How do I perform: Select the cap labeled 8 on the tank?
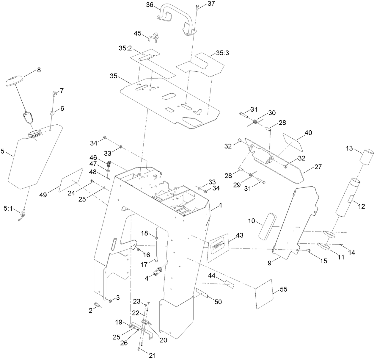coord(14,80)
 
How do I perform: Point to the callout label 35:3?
coord(225,53)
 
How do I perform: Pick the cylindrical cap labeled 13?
coord(366,157)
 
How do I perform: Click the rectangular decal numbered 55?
coord(264,294)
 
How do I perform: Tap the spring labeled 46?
coord(109,164)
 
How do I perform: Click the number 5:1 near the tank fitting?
coord(8,209)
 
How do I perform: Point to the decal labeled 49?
coord(71,180)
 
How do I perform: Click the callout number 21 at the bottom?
coord(152,355)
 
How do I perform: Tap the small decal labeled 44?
coord(229,284)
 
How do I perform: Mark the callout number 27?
coord(318,167)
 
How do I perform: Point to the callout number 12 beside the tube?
coord(361,206)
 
